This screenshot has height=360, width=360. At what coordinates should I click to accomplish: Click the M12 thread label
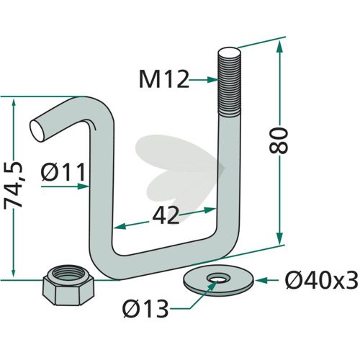[x=164, y=80]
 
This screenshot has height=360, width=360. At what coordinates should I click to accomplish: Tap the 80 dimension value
[x=278, y=140]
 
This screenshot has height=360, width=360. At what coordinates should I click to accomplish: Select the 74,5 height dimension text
[x=14, y=184]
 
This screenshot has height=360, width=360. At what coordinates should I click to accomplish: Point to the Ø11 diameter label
[x=63, y=172]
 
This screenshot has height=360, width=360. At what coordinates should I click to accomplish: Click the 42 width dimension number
[x=166, y=215]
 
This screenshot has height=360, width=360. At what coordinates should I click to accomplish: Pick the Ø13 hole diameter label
[x=145, y=309]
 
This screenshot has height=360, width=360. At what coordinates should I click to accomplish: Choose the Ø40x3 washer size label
[x=321, y=280]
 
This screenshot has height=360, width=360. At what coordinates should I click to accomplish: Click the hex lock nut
[x=68, y=284]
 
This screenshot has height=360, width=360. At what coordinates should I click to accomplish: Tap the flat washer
[x=218, y=280]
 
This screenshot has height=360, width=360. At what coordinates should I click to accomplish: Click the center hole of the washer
[x=218, y=279]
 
